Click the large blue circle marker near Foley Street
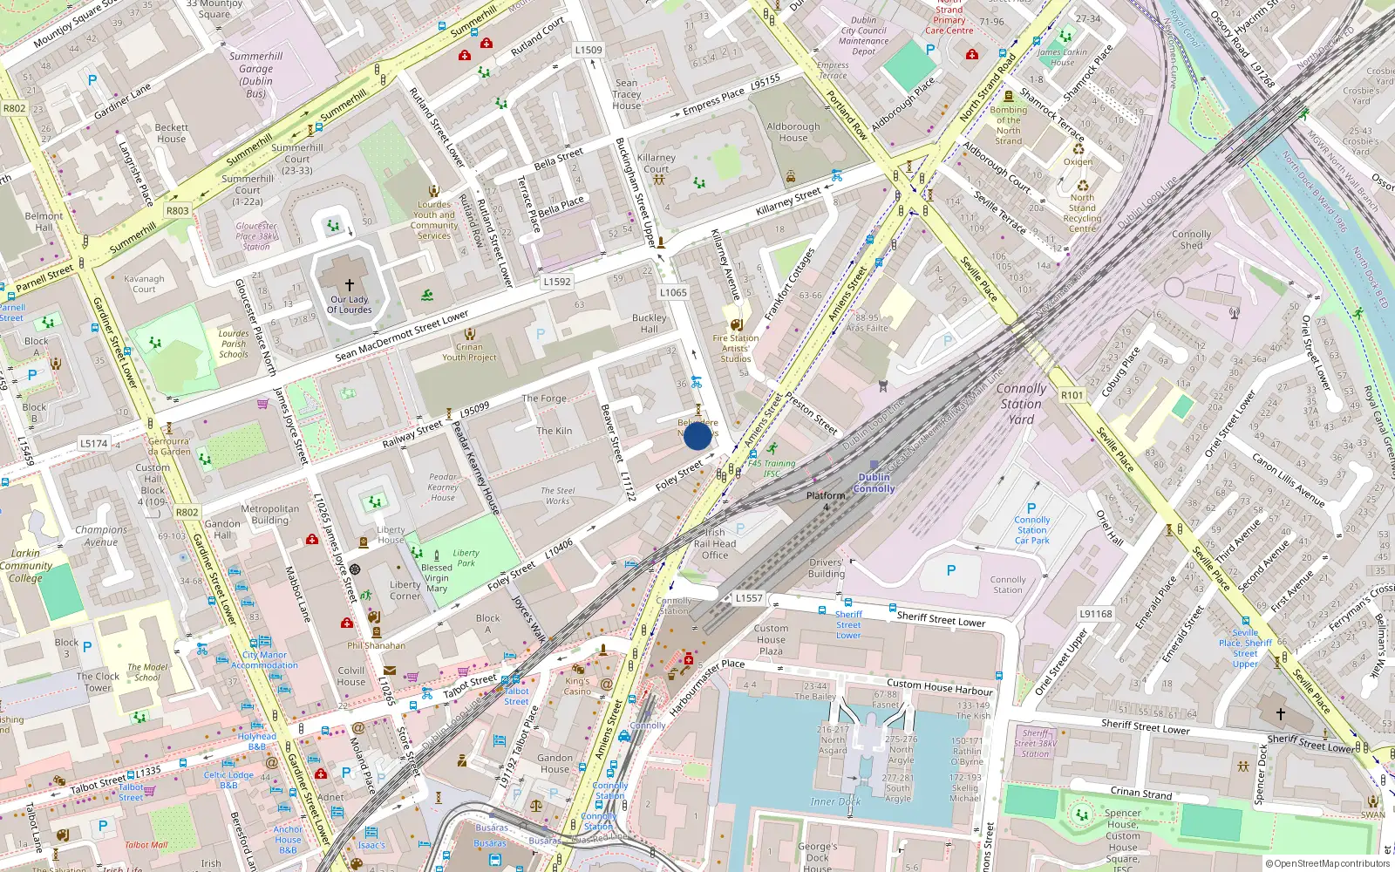coord(697,435)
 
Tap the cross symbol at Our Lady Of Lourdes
coord(350,285)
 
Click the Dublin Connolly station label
coord(874,483)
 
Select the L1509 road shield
coord(589,50)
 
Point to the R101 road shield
coord(1072,395)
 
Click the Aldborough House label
coord(793,132)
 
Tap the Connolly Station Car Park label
coord(1031,529)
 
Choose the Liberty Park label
coord(466,557)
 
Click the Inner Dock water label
coord(835,801)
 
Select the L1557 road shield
coord(748,598)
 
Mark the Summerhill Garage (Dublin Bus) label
coord(255,74)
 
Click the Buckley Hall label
coord(649,324)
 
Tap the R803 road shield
coord(177,210)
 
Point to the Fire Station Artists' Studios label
coord(735,348)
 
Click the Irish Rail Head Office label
coord(714,543)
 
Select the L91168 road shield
coord(1095,614)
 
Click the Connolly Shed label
coord(1191,240)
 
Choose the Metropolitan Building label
coord(269,514)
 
